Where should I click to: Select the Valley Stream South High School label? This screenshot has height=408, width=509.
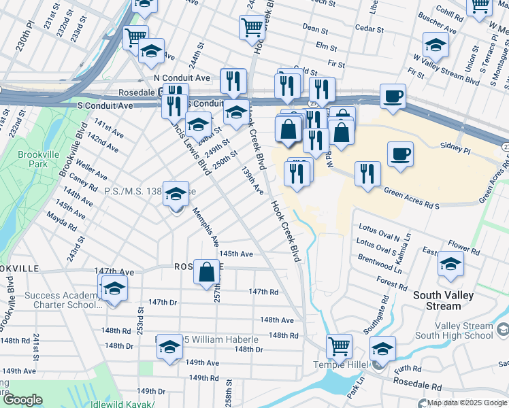454,330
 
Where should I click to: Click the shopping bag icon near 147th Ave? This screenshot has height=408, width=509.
206,273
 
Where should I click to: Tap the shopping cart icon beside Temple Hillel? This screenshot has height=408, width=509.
338,345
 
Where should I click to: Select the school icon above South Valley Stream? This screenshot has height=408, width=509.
450,264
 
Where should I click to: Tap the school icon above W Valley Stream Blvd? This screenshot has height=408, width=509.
435,45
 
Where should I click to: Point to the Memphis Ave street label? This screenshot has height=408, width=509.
206,227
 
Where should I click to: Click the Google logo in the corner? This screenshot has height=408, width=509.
22,400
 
